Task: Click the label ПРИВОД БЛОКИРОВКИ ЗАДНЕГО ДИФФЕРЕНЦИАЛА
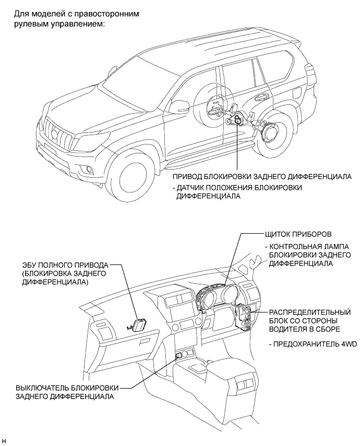click(262, 176)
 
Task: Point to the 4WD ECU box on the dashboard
click(140, 325)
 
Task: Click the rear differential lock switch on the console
click(179, 356)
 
